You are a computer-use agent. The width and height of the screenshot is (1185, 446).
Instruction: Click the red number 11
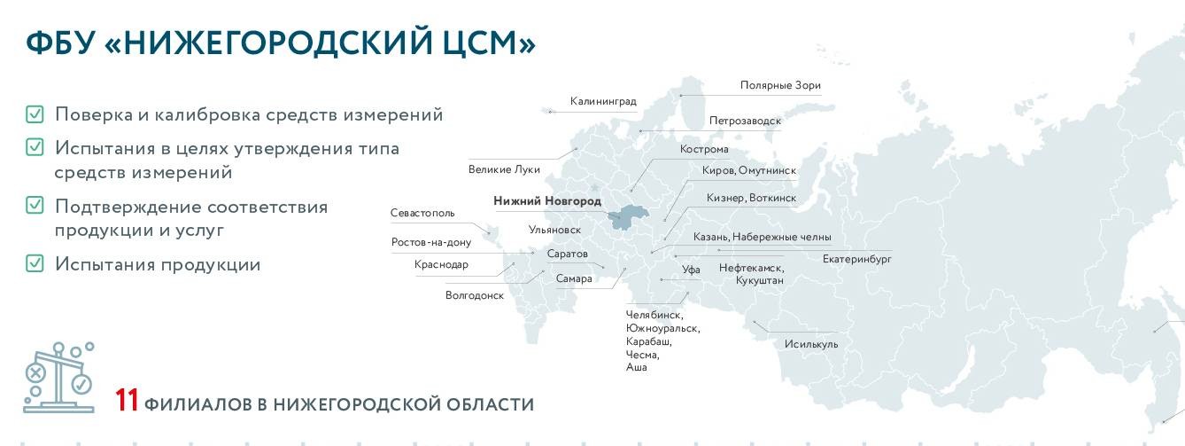pos(127,401)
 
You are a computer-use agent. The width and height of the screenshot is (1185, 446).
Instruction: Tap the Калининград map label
pos(603,101)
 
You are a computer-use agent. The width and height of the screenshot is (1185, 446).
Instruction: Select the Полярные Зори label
pos(780,86)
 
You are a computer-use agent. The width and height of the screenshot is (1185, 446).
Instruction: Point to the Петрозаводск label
pos(745,121)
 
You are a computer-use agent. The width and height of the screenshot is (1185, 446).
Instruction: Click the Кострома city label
pos(703,149)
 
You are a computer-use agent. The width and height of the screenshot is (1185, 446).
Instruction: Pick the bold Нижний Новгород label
pos(546,201)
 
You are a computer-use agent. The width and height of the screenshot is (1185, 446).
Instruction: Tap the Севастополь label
pos(422,213)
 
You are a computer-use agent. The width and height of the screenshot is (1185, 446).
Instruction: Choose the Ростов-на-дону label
pos(431,242)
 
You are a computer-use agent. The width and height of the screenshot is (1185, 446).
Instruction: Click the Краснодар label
pos(441,264)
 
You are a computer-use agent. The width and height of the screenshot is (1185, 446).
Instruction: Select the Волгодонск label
pos(475,295)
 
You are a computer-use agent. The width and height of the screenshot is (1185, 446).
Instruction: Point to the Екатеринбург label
pos(856,259)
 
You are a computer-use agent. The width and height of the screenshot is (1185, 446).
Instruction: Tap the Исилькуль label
pos(810,344)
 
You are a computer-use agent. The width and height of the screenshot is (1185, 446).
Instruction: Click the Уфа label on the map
pos(691,270)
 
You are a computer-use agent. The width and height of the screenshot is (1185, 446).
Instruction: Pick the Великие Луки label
pos(504,169)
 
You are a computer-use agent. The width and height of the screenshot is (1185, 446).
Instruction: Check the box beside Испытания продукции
pos(35,263)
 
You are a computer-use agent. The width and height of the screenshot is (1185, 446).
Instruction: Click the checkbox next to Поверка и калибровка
pos(35,114)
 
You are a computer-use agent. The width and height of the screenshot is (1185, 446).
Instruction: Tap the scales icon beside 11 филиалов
pos(58,378)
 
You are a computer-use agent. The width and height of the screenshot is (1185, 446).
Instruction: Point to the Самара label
pos(574,278)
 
